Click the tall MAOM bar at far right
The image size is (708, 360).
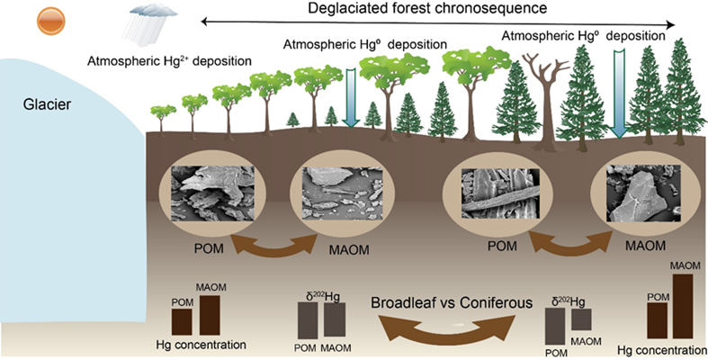point(684,306)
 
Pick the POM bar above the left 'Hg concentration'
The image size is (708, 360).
point(182,321)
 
